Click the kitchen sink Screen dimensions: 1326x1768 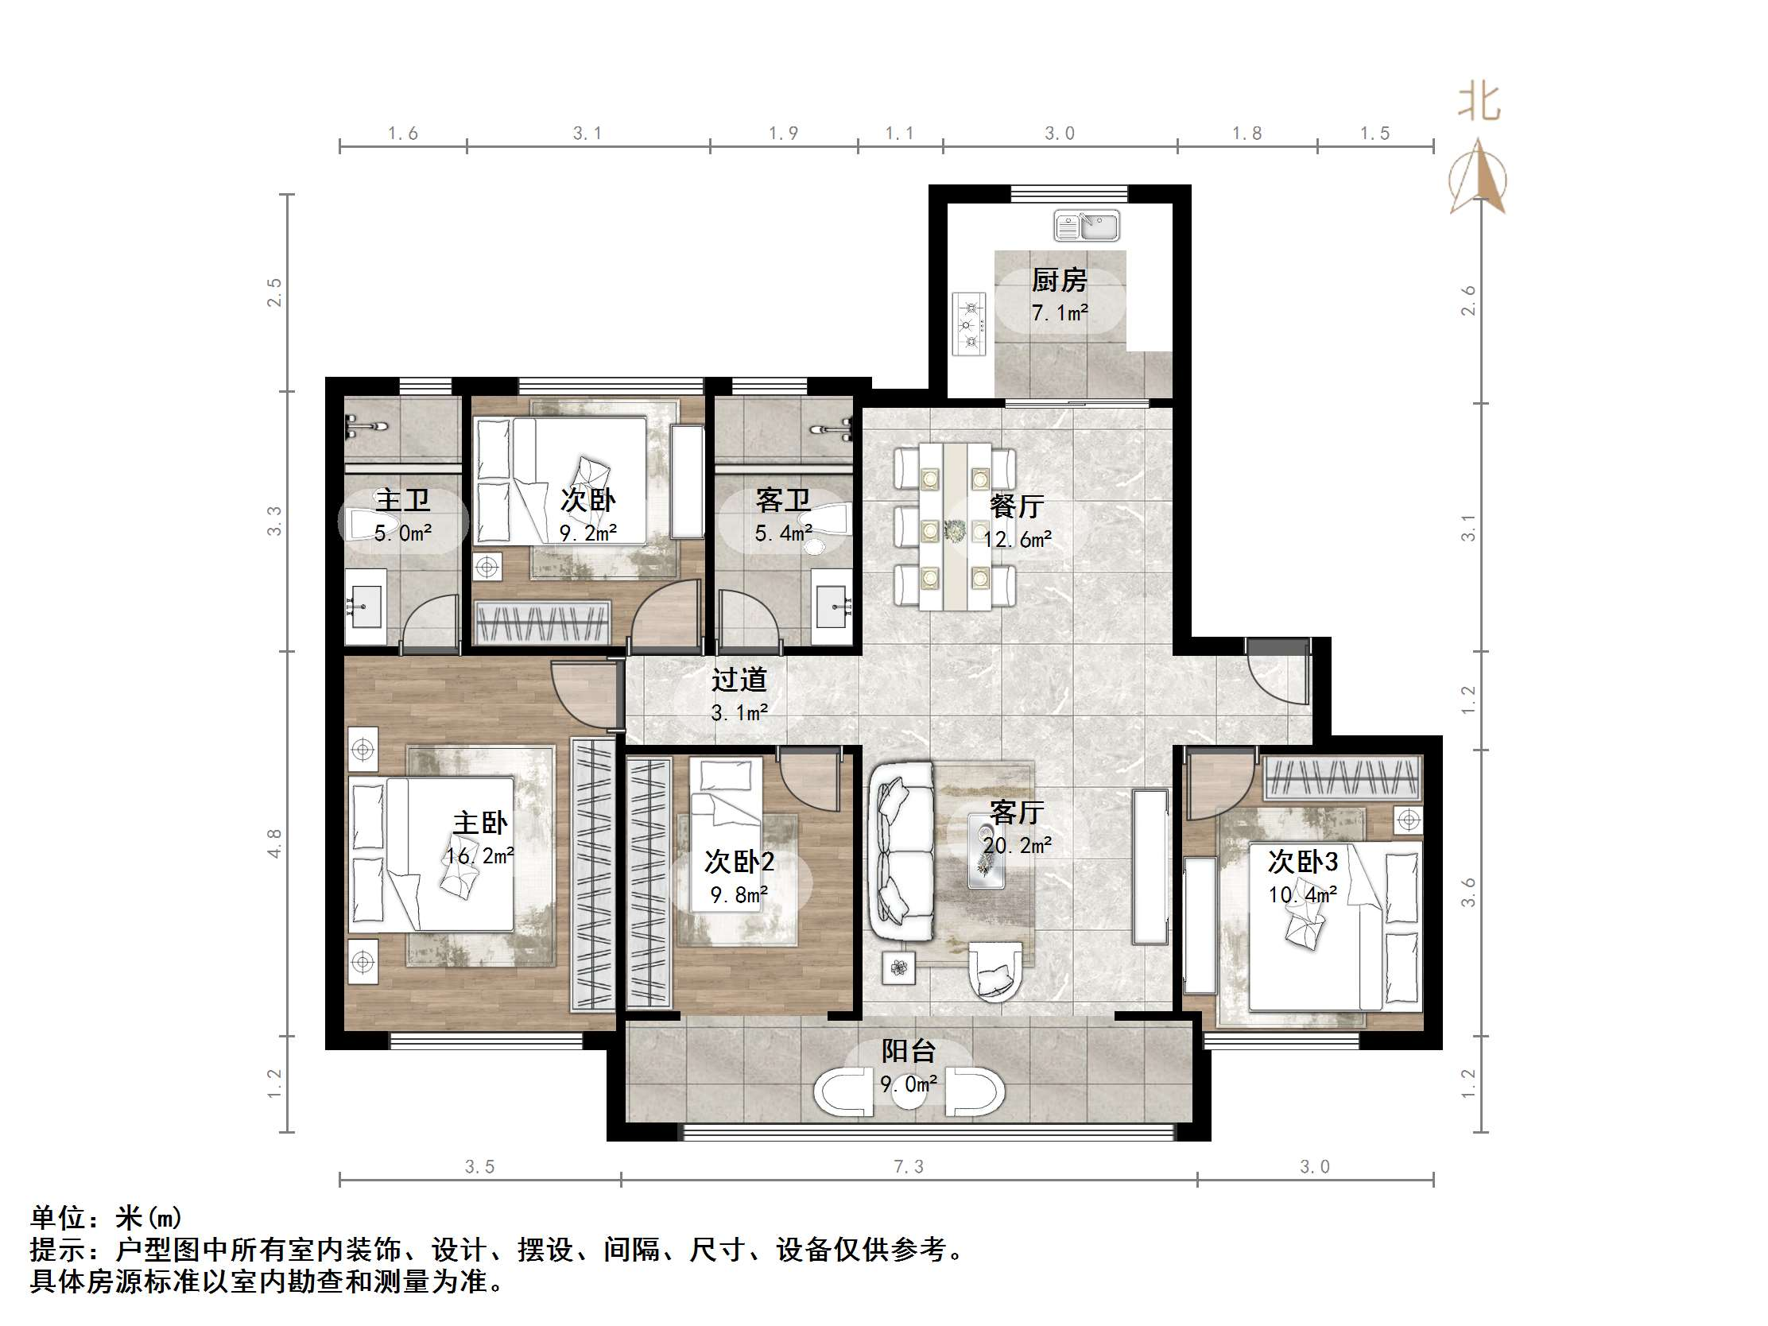click(x=1086, y=226)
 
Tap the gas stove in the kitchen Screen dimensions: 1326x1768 click(x=970, y=324)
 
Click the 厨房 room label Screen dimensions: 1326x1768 click(x=1059, y=280)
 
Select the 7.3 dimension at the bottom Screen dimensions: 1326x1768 click(x=908, y=1167)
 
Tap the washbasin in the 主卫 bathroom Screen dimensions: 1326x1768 click(x=366, y=607)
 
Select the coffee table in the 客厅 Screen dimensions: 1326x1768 click(x=987, y=851)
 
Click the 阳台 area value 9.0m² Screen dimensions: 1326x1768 click(x=909, y=1084)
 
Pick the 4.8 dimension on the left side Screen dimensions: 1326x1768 click(x=274, y=843)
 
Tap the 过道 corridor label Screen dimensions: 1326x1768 click(x=739, y=680)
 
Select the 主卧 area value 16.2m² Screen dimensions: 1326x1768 click(x=479, y=856)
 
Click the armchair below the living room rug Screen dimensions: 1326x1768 click(x=995, y=972)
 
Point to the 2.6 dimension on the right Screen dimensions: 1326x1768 click(x=1468, y=300)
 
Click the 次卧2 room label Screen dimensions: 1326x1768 click(x=739, y=862)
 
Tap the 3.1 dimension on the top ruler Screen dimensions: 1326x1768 click(x=587, y=134)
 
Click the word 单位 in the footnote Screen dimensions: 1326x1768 click(x=57, y=1217)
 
